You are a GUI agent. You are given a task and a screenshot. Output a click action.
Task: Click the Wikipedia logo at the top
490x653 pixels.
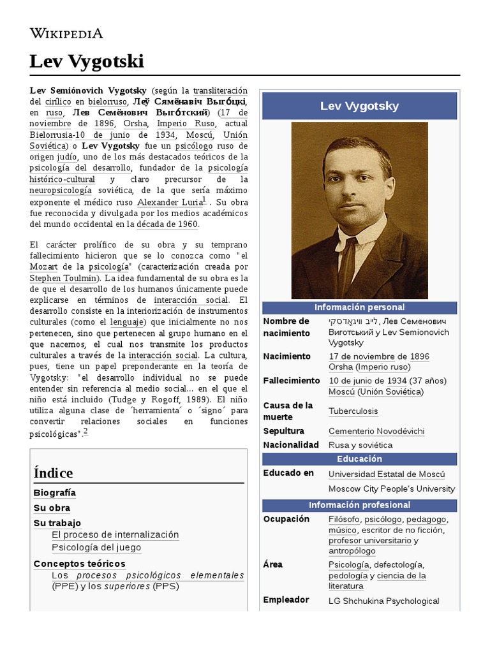66,33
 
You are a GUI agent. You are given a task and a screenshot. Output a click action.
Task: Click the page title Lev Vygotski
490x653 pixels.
87,62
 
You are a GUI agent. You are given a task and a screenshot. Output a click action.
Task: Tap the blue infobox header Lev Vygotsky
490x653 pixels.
359,106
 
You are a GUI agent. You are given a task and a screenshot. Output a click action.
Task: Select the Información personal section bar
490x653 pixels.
359,308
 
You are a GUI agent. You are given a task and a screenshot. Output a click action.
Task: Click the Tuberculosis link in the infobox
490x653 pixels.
353,411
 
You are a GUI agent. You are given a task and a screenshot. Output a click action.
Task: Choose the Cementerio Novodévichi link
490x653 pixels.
376,431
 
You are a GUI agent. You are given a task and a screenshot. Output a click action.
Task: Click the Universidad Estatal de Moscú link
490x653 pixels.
387,474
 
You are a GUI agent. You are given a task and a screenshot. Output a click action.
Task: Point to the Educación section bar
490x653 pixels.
359,459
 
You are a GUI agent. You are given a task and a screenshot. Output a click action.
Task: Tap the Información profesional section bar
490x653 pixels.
359,505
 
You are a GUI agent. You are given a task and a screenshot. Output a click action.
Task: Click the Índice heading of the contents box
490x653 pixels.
53,473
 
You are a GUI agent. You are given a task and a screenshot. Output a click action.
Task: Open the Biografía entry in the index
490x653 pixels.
54,493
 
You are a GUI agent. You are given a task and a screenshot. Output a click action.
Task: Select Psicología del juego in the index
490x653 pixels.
96,547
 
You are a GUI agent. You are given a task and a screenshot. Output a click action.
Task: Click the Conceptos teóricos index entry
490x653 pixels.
79,564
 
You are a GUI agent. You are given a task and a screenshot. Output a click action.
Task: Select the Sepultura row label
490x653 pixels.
283,431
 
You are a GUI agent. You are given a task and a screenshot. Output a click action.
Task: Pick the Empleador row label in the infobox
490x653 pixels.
286,600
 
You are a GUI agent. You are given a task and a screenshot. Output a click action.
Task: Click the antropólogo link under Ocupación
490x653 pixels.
352,551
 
